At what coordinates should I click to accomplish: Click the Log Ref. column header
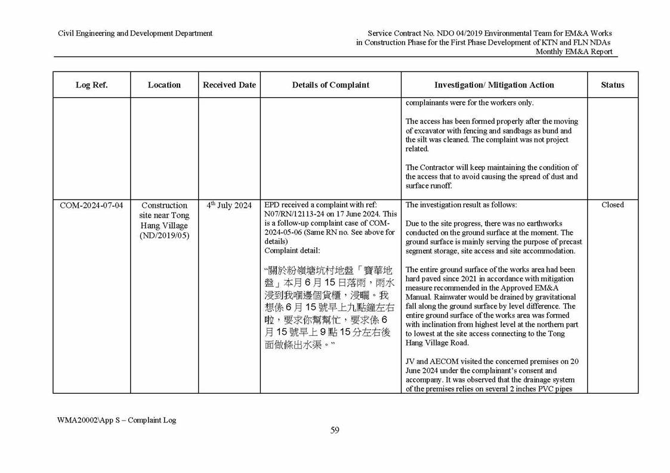click(x=91, y=85)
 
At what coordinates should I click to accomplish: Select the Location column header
click(x=164, y=85)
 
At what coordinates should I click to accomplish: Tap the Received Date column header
click(x=229, y=85)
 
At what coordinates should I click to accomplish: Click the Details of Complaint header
click(x=331, y=85)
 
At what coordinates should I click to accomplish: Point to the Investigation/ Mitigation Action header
click(x=494, y=85)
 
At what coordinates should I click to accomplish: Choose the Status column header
click(x=613, y=85)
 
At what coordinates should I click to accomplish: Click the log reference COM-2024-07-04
click(x=91, y=206)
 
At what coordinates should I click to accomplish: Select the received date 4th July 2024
click(x=229, y=206)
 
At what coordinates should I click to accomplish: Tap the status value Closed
click(x=613, y=205)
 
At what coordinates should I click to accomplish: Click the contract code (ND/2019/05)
click(x=164, y=236)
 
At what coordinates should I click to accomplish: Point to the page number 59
click(x=335, y=431)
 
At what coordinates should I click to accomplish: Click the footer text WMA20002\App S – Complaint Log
click(x=116, y=420)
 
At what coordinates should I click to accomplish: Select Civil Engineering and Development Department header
click(x=135, y=33)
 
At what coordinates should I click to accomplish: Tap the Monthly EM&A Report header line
click(x=573, y=52)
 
